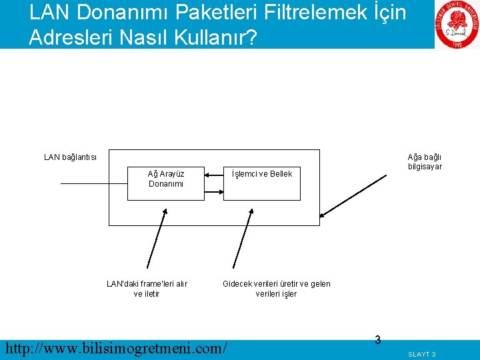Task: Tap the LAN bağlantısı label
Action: [70, 157]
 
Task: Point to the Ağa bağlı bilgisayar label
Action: [425, 162]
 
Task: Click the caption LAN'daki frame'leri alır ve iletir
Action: [147, 289]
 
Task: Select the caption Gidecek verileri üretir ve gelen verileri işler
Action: [276, 289]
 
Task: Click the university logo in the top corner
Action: [457, 25]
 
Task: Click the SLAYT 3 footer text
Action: [422, 354]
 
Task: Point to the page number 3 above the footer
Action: [377, 340]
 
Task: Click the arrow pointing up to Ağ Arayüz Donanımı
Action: [157, 237]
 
